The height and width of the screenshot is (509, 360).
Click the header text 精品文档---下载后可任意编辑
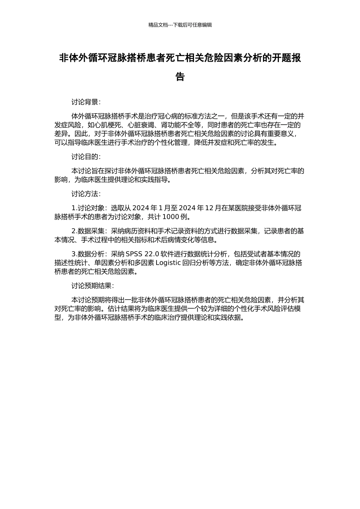click(x=180, y=25)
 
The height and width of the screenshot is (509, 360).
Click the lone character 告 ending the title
click(x=180, y=77)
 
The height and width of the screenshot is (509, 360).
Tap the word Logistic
click(x=168, y=262)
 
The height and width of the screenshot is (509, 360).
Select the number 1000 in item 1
click(x=171, y=217)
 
